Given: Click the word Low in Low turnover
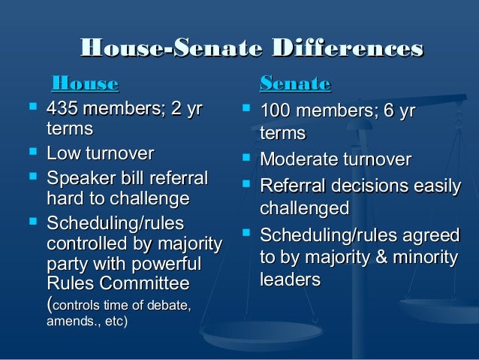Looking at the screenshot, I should click(63, 155).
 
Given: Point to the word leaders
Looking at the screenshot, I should click(289, 279).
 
